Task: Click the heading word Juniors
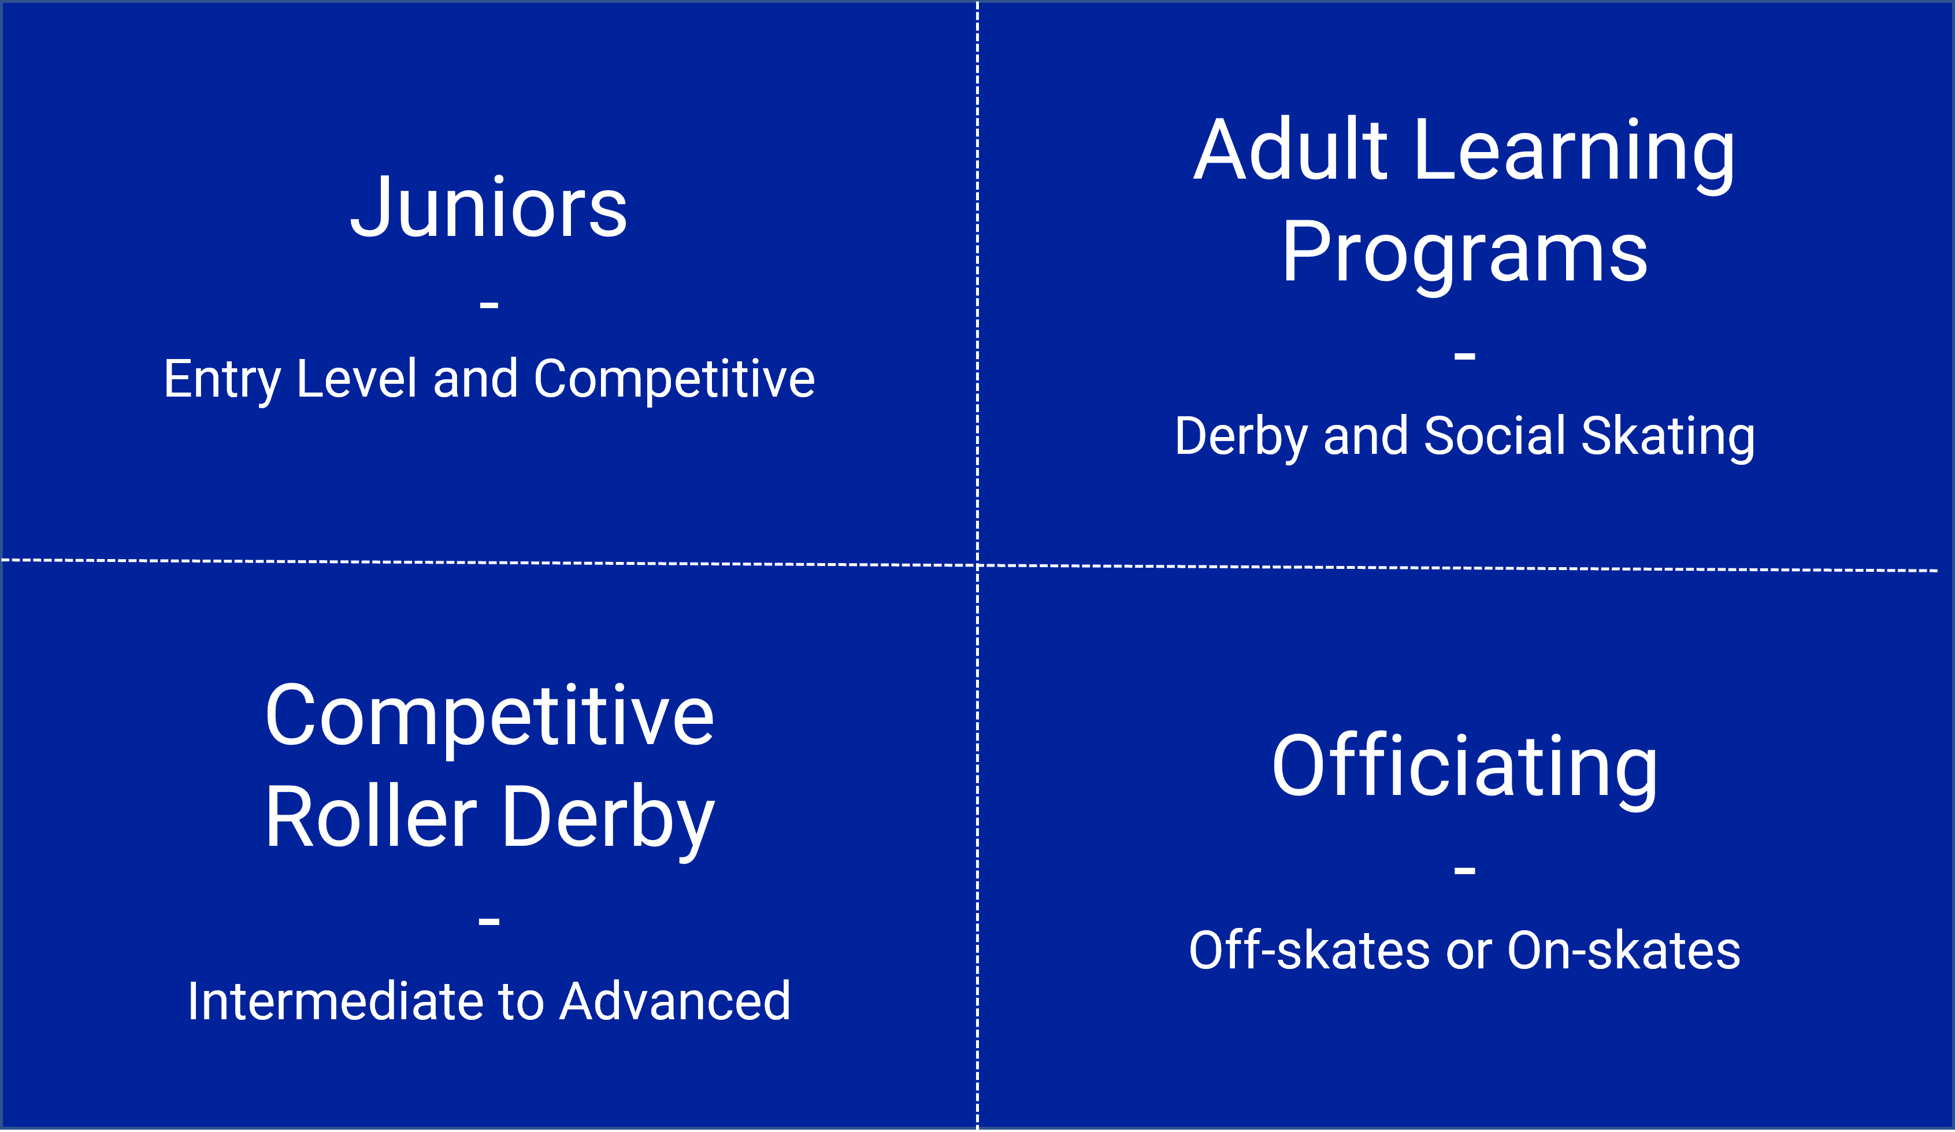click(489, 207)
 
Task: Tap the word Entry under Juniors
click(222, 380)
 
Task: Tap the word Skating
click(1668, 438)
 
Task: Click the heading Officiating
click(1465, 771)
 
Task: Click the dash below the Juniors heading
click(489, 305)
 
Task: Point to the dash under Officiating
click(1465, 871)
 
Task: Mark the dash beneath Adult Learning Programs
click(1465, 356)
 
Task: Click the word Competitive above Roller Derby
click(489, 717)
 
